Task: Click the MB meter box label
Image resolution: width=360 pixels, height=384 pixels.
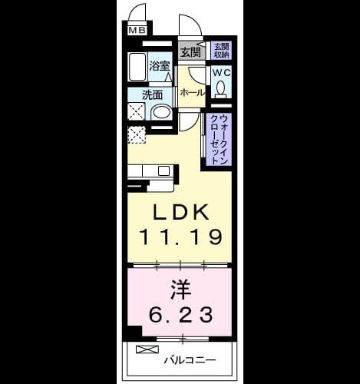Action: tap(137, 31)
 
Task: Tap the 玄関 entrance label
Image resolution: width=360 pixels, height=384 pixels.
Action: tap(190, 52)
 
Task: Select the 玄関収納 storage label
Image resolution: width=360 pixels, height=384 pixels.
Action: tap(221, 51)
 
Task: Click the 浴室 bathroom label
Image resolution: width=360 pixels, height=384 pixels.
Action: tap(160, 66)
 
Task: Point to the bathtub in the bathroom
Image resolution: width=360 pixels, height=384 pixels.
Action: tap(137, 67)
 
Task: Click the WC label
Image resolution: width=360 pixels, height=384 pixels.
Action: tap(222, 73)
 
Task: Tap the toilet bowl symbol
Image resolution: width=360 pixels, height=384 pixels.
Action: tap(220, 88)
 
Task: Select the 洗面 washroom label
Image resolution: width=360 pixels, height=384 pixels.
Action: tap(152, 95)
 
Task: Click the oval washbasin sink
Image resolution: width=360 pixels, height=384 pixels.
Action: tap(161, 113)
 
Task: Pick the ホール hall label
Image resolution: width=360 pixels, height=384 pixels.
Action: tap(193, 93)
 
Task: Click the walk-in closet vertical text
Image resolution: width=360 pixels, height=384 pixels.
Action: tap(219, 140)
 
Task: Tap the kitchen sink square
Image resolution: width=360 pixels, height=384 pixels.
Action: tap(163, 170)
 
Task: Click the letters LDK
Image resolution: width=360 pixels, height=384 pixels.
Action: tap(181, 212)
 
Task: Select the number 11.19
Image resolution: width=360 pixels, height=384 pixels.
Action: tap(180, 237)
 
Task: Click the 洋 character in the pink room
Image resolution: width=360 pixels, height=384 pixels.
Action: tap(181, 290)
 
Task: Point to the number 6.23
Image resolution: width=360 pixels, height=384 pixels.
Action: tap(181, 315)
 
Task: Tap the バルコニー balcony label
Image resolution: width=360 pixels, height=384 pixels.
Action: tap(190, 360)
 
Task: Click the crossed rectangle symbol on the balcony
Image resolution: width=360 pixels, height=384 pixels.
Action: tap(147, 349)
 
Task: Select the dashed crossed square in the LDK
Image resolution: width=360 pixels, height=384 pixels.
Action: tap(137, 135)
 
